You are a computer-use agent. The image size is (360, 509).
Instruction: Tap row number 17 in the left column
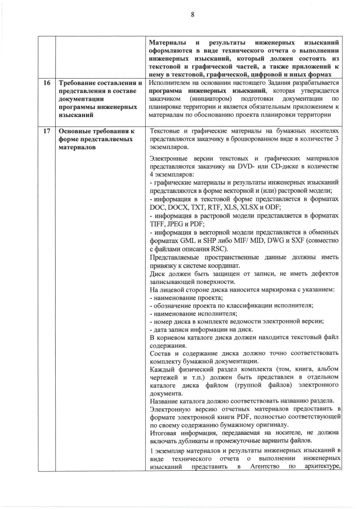click(46, 132)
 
